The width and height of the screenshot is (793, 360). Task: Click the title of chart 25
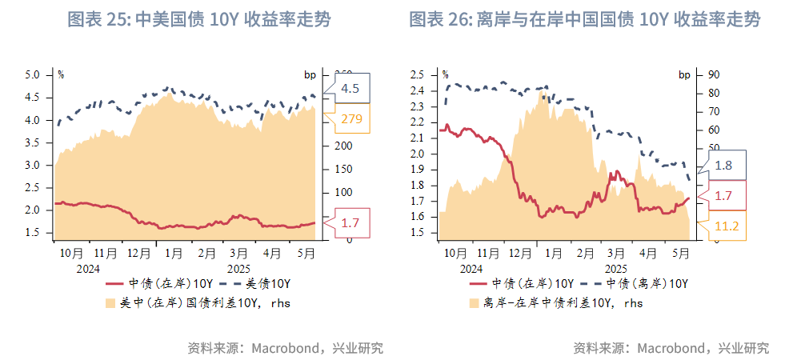[198, 19]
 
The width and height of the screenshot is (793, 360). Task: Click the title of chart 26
[584, 19]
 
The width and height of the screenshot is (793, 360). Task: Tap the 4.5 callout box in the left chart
[350, 88]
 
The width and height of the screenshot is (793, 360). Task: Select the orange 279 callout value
[351, 120]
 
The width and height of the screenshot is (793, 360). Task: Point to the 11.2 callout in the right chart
[726, 226]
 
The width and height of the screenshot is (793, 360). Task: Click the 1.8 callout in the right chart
[723, 165]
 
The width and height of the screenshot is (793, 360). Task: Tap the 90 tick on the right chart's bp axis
[709, 74]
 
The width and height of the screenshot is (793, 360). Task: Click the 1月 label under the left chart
[172, 253]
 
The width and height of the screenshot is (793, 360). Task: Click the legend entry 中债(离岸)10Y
[646, 284]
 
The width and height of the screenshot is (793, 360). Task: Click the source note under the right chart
[671, 348]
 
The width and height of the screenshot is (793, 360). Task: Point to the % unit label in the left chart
[61, 75]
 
